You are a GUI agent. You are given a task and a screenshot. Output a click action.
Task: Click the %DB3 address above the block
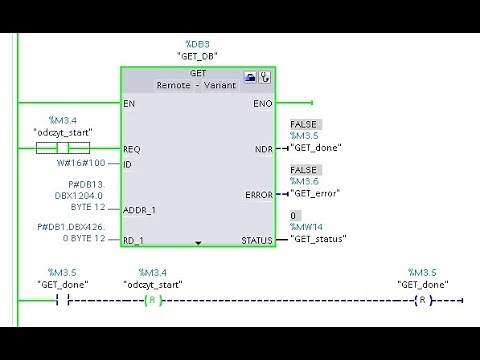(x=196, y=44)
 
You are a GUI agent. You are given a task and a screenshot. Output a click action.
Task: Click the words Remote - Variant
(x=196, y=87)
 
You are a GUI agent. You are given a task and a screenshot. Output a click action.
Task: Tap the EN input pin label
(x=129, y=103)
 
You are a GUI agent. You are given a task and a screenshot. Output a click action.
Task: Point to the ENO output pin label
(x=262, y=103)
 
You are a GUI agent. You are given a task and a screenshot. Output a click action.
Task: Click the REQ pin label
(x=132, y=149)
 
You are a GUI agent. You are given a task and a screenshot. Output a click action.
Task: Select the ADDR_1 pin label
(x=140, y=210)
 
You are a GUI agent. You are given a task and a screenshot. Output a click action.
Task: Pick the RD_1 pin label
(x=134, y=241)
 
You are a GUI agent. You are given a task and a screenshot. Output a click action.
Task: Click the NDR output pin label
(x=263, y=149)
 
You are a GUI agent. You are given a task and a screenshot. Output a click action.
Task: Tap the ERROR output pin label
(x=258, y=195)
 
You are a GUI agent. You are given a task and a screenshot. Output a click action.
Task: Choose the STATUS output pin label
(x=257, y=241)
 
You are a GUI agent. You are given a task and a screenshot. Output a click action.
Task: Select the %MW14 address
(x=305, y=228)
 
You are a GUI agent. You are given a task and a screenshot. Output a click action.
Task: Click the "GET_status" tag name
(x=318, y=240)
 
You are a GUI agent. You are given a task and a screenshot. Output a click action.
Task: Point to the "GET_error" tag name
(x=315, y=194)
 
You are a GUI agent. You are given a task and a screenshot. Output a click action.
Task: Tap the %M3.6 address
(x=304, y=182)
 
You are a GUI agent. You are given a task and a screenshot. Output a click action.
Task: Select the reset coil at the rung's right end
(x=423, y=300)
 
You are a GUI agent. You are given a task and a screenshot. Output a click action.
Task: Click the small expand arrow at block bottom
(x=198, y=242)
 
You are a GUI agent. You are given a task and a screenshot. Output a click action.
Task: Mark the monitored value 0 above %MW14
(x=293, y=215)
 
